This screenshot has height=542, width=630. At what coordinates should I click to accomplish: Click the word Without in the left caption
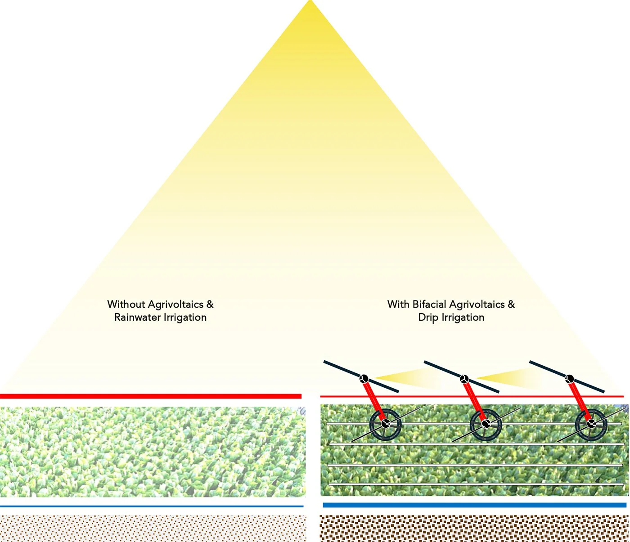pos(126,305)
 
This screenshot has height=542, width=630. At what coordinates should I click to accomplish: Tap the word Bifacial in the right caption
pos(429,305)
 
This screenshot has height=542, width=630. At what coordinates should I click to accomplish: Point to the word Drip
pos(428,318)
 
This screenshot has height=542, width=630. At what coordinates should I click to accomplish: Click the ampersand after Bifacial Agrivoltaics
pos(511,305)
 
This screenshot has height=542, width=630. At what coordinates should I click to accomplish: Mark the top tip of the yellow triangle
pos(310,3)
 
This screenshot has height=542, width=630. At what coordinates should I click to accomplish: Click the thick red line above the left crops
pos(151,396)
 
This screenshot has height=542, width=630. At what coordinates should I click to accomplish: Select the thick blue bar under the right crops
pos(474,505)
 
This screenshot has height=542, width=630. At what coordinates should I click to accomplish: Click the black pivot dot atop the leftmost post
pos(364,378)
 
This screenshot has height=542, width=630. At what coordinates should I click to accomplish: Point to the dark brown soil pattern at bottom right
pos(474,528)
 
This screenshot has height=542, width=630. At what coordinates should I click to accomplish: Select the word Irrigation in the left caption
pos(185,318)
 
